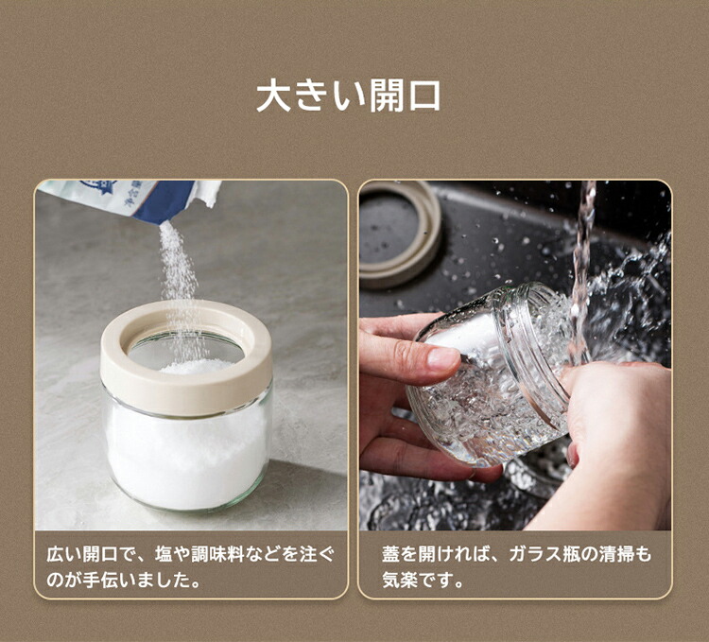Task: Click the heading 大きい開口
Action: point(348,95)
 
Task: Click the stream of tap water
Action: point(582,271)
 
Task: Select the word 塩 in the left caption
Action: point(164,554)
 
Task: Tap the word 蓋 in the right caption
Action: point(390,554)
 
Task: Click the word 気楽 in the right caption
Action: point(400,580)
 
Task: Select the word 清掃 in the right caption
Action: point(616,554)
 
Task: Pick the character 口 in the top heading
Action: point(424,95)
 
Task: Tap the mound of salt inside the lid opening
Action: point(197,366)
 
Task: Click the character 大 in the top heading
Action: point(273,95)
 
